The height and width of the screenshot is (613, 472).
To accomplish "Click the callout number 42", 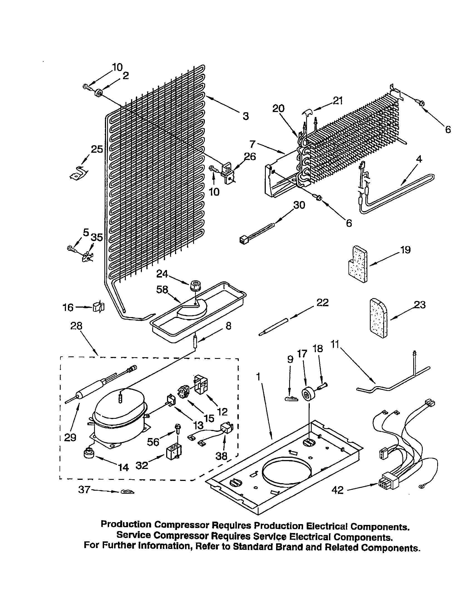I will tap(337, 490).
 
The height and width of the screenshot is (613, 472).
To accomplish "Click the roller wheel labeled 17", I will tap(308, 395).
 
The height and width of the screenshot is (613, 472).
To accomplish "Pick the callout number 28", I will tap(76, 326).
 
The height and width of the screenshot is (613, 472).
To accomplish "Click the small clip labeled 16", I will tap(98, 307).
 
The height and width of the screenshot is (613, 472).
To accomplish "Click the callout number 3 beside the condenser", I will tap(245, 116).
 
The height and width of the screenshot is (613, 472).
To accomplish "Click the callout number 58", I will tap(162, 290).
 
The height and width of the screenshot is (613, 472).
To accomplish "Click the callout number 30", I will tap(299, 205).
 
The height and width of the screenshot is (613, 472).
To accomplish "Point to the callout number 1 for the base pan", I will tap(258, 377).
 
